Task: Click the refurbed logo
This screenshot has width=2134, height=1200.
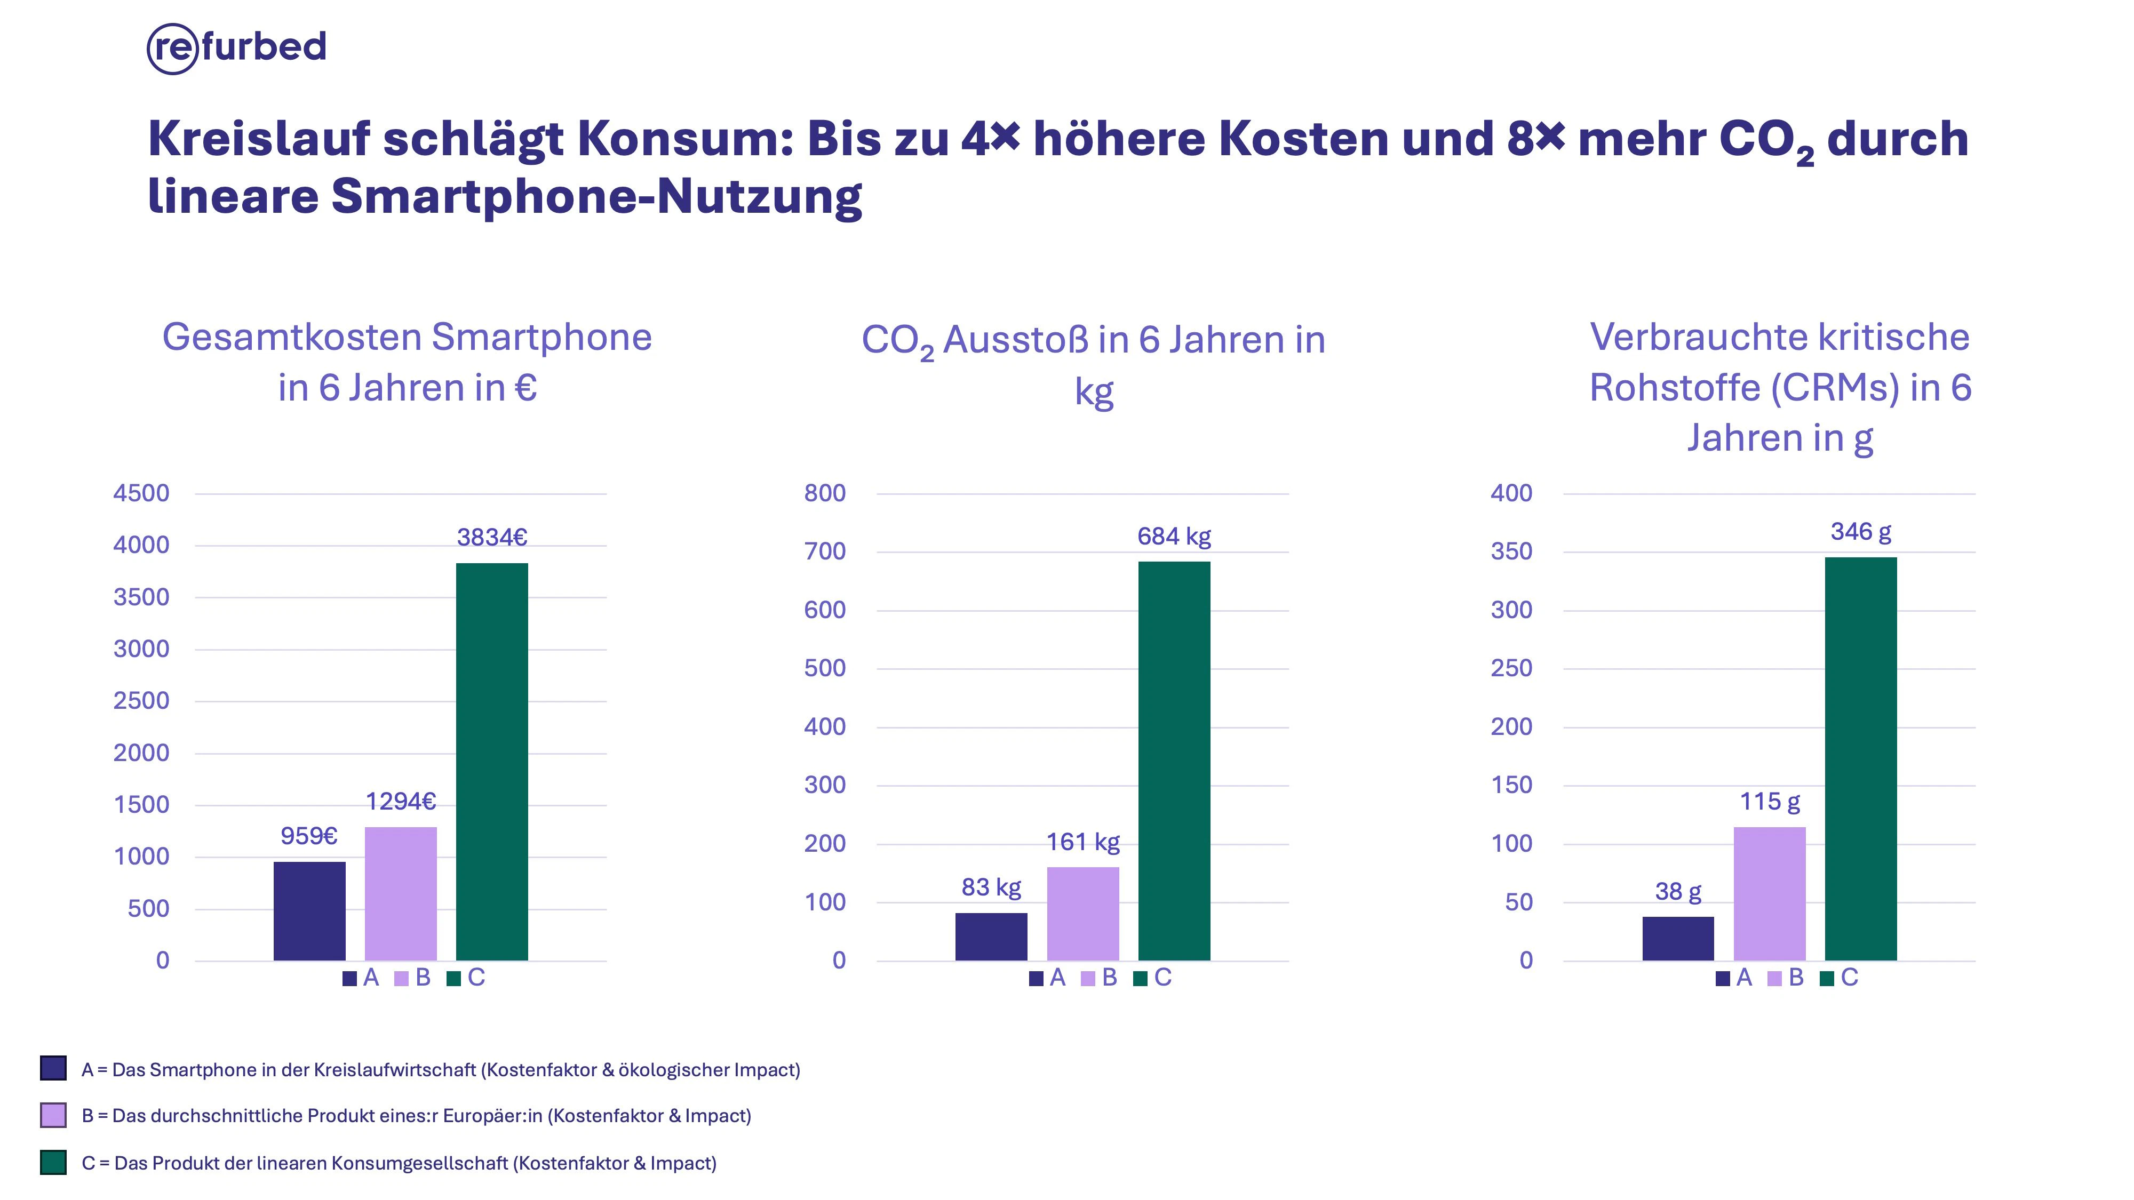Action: point(236,48)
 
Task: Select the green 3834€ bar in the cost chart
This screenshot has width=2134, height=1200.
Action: point(491,762)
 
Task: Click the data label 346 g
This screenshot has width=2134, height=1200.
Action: point(1861,532)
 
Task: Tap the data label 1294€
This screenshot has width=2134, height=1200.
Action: point(401,802)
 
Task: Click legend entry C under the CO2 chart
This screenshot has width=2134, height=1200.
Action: point(1152,978)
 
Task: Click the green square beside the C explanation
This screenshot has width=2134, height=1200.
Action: point(53,1162)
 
